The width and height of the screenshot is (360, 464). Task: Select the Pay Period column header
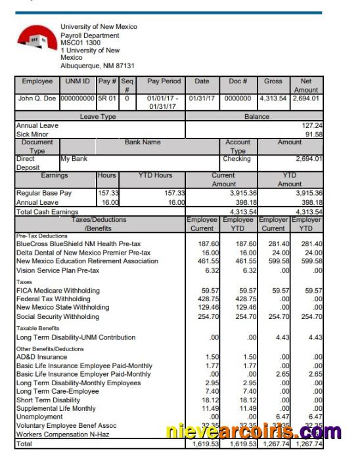[x=164, y=81]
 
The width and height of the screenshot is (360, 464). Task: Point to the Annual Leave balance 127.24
[x=311, y=125]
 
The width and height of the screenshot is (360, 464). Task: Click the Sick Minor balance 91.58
[x=313, y=133]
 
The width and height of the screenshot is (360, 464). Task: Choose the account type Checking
[x=236, y=158]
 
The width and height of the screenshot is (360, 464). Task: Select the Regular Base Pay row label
[x=44, y=194]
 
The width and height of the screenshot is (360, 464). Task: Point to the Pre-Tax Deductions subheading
[x=42, y=234]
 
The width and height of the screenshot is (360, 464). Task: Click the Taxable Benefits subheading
[x=38, y=327]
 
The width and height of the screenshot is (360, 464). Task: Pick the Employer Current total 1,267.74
[x=275, y=444]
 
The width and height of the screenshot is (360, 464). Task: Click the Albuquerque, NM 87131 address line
[x=97, y=66]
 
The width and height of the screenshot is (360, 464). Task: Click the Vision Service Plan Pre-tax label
[x=57, y=270]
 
